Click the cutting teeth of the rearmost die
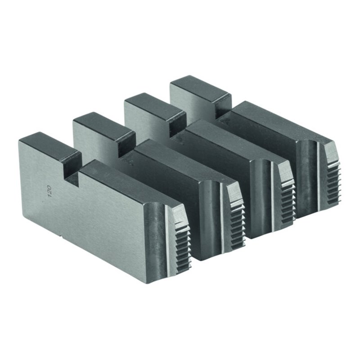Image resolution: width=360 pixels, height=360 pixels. (x=334, y=181)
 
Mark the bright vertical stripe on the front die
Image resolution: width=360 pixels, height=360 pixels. (x=167, y=240)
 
